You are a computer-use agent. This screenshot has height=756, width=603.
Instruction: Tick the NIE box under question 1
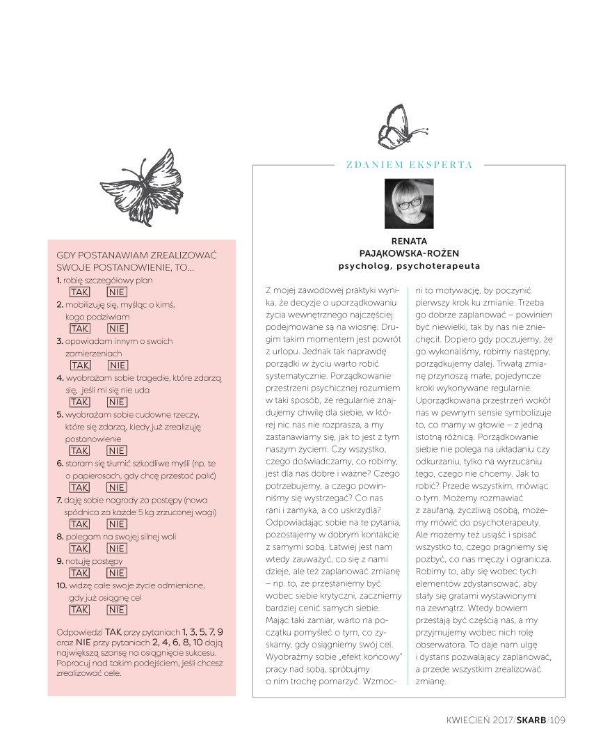(117, 292)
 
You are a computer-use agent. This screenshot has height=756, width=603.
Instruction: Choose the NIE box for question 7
(117, 523)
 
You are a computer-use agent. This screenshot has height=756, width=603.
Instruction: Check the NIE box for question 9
(117, 573)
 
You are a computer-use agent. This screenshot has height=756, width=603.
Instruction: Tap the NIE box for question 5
(117, 451)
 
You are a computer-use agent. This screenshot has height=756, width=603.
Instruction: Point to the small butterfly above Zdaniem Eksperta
(401, 127)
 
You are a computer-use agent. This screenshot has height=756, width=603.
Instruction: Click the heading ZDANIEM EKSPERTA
(409, 165)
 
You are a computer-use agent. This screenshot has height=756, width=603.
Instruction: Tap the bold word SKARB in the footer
(531, 720)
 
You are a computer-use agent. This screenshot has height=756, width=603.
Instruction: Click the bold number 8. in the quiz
(60, 537)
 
